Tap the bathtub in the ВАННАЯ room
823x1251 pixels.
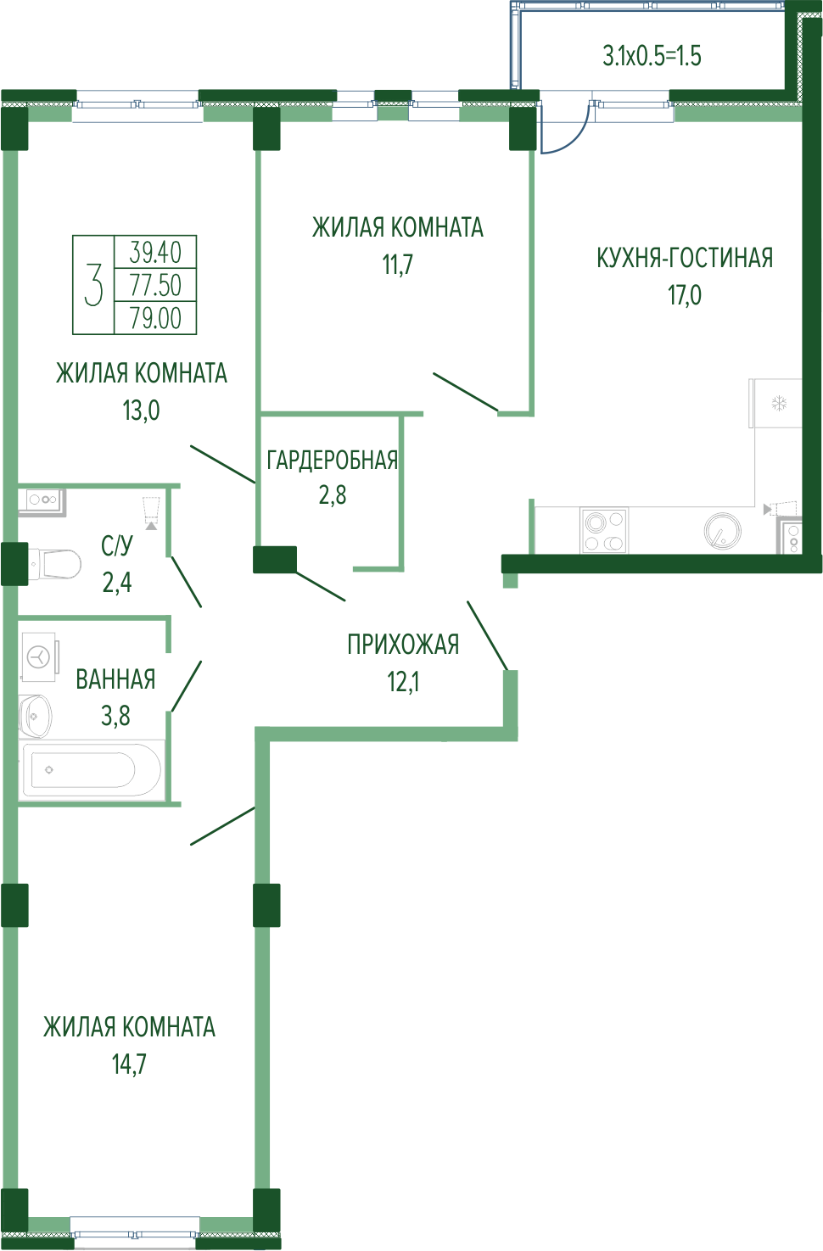pyautogui.click(x=92, y=769)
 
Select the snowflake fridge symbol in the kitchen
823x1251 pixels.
pyautogui.click(x=779, y=403)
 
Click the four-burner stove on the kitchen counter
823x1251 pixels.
pyautogui.click(x=604, y=530)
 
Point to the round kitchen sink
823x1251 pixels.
pyautogui.click(x=722, y=530)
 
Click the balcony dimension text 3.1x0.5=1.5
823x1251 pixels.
pyautogui.click(x=652, y=56)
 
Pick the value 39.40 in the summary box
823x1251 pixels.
pyautogui.click(x=155, y=253)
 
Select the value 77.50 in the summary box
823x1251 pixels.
pyautogui.click(x=155, y=285)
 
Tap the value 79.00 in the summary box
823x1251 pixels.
pyautogui.click(x=155, y=318)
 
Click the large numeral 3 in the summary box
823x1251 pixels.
pyautogui.click(x=93, y=285)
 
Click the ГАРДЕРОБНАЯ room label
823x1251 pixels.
pyautogui.click(x=332, y=461)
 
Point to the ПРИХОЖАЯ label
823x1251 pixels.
pyautogui.click(x=403, y=645)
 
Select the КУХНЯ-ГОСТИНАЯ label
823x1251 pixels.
pyautogui.click(x=685, y=258)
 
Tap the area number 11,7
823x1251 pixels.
pyautogui.click(x=397, y=264)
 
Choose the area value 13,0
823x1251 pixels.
pyautogui.click(x=141, y=410)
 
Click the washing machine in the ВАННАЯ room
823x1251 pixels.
pyautogui.click(x=39, y=656)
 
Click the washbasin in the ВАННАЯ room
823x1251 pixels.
pyautogui.click(x=35, y=716)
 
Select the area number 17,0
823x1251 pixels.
pyautogui.click(x=685, y=295)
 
